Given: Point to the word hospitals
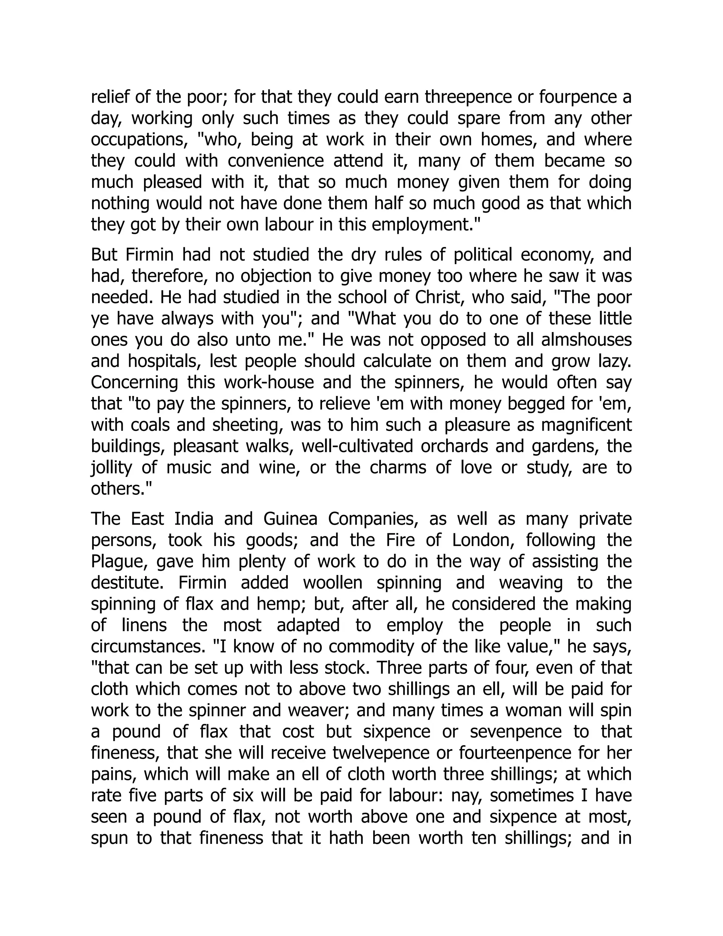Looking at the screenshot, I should tap(165, 361).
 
